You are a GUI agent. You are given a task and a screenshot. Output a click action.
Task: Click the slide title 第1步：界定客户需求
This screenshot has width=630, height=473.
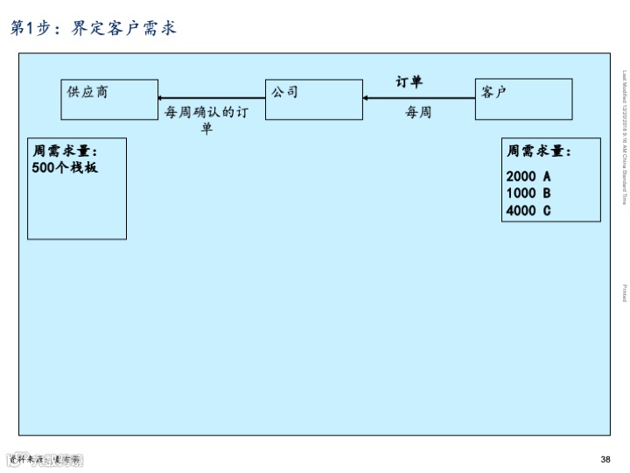[x=94, y=28]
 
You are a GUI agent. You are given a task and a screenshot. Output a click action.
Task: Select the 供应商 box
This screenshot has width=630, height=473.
[x=109, y=99]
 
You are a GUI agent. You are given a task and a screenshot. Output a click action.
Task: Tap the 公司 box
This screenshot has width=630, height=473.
[x=313, y=99]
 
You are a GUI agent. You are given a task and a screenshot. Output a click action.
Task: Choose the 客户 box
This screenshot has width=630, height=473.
[x=524, y=99]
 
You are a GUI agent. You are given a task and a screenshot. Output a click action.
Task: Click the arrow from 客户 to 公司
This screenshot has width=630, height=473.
[x=419, y=98]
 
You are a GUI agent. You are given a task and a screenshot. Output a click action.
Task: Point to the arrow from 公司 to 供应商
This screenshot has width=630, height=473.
[x=212, y=98]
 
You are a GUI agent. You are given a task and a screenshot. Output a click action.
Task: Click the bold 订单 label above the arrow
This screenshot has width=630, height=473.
[x=409, y=82]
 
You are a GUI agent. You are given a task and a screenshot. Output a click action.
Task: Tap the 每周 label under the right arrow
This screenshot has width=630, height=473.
[x=418, y=113]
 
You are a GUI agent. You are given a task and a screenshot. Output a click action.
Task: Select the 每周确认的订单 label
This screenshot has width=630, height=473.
[x=207, y=120]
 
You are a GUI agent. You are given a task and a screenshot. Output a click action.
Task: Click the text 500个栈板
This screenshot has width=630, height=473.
[x=65, y=167]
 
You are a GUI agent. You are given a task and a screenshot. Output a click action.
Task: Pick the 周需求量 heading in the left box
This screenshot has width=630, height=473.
[x=65, y=152]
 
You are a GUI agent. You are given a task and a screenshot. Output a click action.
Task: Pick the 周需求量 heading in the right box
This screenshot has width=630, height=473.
[x=539, y=152]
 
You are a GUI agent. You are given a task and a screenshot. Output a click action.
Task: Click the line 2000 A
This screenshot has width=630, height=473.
[x=528, y=176]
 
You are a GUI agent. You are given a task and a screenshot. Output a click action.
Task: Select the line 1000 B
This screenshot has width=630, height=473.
[x=528, y=193]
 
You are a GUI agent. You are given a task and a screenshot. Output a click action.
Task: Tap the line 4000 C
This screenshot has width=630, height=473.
[x=528, y=210]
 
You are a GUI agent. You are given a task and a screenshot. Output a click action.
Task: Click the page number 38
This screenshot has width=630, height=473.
[x=605, y=460]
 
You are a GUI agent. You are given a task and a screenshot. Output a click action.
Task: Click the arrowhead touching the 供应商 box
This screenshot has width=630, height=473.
[x=161, y=98]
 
